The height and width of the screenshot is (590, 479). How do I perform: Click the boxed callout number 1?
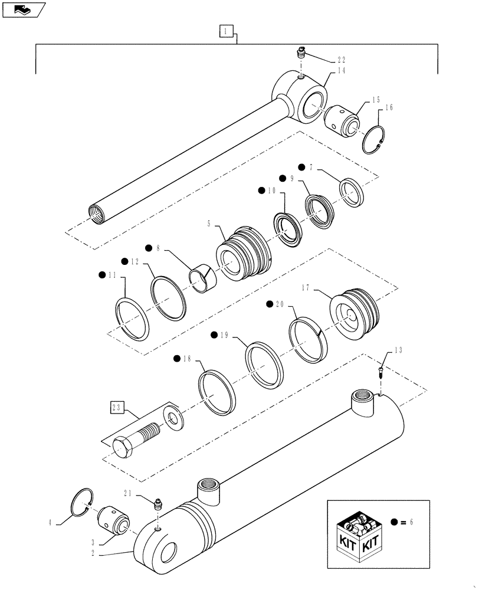[227, 31]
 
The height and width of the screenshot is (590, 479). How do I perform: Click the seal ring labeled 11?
[130, 319]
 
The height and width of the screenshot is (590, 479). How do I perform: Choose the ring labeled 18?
[217, 391]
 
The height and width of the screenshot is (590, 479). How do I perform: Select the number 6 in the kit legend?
[411, 522]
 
